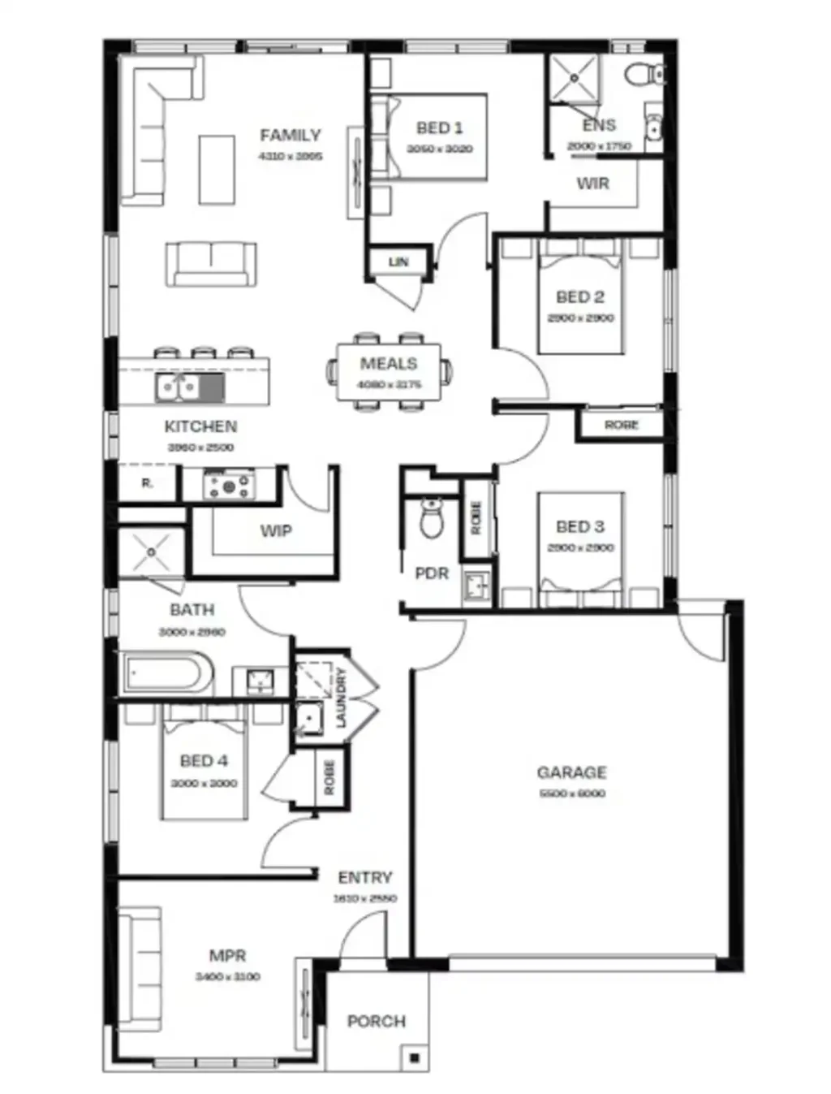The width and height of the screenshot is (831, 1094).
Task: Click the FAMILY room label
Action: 290,135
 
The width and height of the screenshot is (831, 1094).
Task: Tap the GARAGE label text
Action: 571,772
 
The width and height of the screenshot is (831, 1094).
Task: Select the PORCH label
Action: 376,1021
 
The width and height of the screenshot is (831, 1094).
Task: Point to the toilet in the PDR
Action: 432,517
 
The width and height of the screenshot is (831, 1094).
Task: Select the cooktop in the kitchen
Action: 230,486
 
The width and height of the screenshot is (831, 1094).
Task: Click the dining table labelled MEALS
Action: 389,371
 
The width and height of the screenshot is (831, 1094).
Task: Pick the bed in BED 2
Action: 580,301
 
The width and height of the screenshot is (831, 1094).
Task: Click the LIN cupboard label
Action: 398,262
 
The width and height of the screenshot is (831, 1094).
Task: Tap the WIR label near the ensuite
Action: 592,184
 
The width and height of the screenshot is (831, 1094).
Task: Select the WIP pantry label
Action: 275,530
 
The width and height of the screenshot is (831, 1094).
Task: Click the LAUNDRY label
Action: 341,697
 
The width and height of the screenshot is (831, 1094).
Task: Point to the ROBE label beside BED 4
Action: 329,778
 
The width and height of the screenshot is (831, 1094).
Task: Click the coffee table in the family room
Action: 217,170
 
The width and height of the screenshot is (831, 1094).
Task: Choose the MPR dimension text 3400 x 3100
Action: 227,976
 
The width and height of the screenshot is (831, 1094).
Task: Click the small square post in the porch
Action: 414,1057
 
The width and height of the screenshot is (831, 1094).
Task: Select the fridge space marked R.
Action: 147,483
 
